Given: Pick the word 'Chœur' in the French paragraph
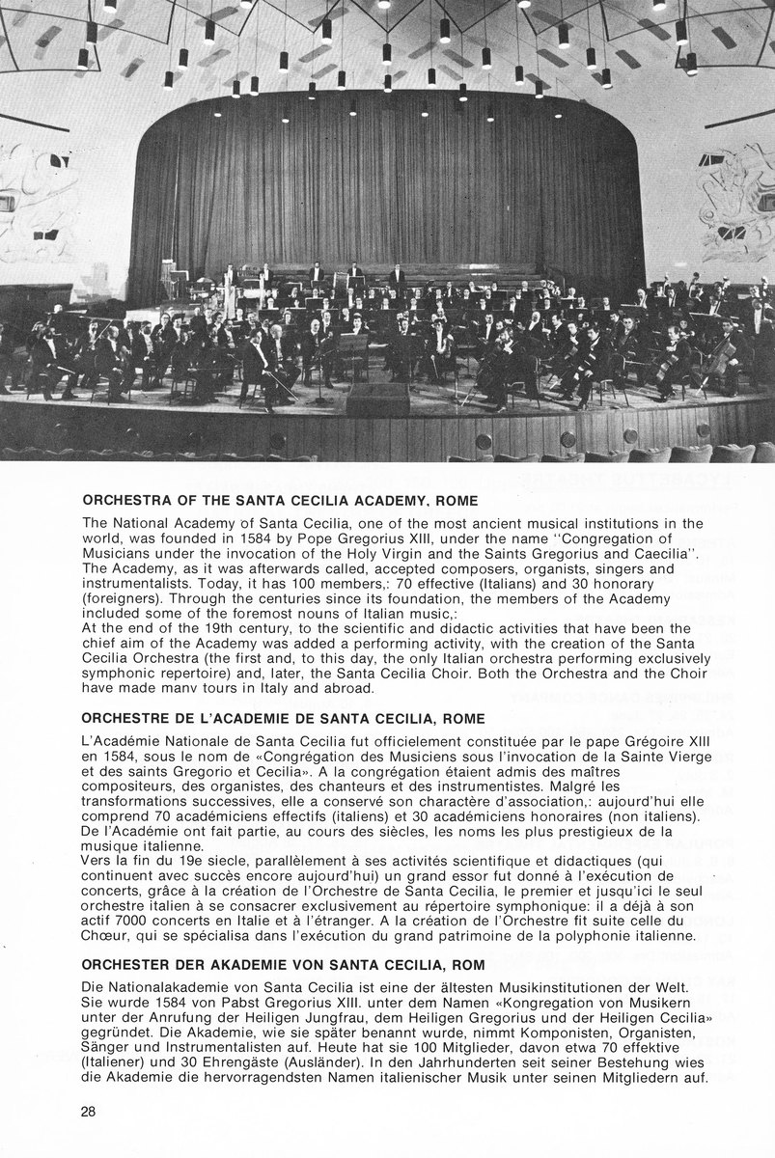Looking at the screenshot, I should (x=106, y=936).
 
